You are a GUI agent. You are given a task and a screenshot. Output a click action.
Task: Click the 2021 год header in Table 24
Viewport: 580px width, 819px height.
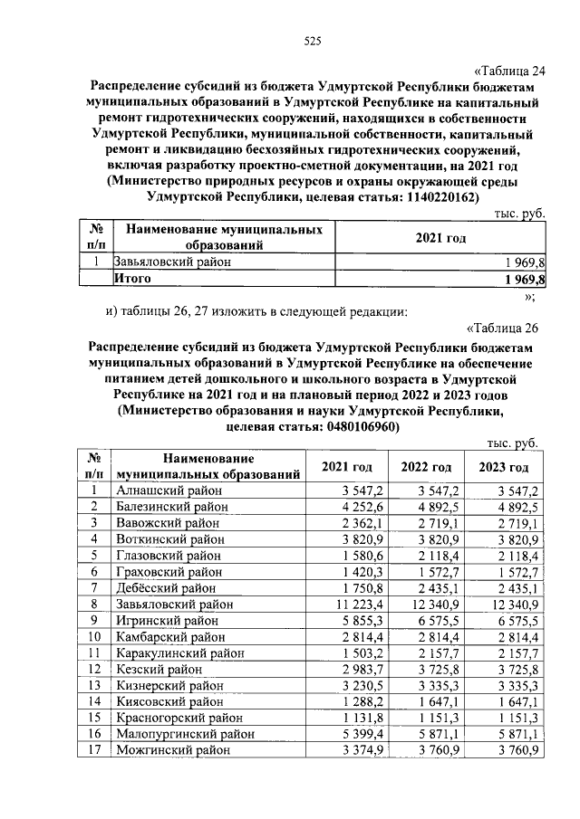click(440, 237)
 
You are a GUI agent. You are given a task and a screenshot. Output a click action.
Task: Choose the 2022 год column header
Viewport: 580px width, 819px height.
click(426, 467)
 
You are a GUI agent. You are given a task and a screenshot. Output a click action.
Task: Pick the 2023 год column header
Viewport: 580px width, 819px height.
click(504, 467)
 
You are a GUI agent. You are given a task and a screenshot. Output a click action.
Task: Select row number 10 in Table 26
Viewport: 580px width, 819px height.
click(92, 637)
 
